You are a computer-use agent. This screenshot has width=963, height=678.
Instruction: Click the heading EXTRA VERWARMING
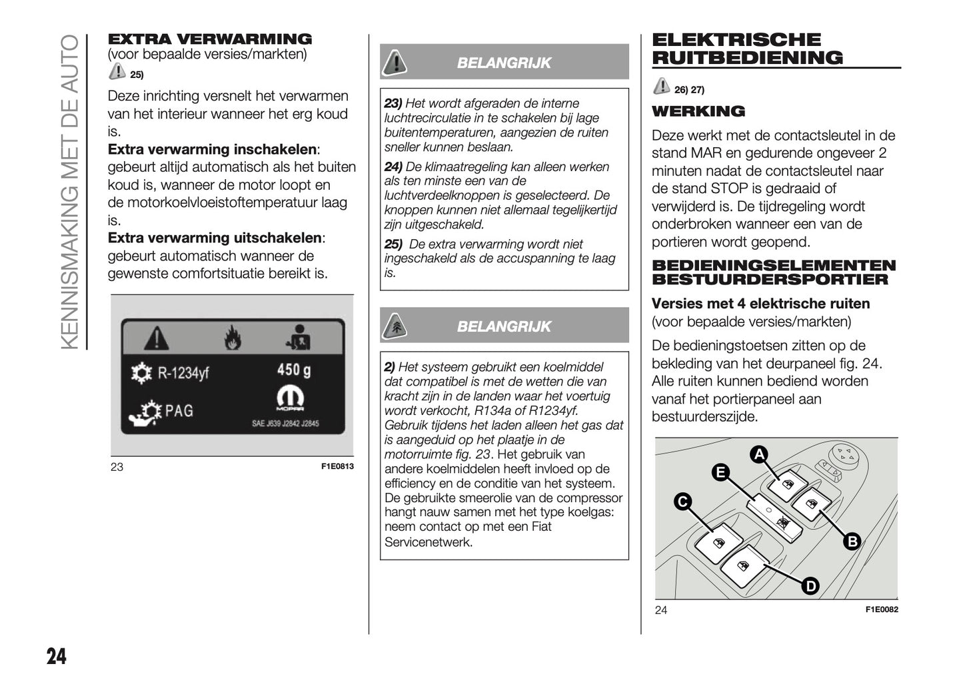(210, 39)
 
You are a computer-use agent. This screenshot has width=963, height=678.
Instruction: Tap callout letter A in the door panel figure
(758, 455)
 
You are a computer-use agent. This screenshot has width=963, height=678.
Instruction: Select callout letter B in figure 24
(852, 541)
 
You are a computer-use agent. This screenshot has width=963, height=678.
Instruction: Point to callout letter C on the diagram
(682, 502)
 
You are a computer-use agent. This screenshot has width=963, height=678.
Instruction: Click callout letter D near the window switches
(810, 586)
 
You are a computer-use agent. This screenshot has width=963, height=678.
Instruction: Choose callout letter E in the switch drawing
(720, 472)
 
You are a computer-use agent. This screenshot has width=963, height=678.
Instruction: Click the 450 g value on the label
(294, 370)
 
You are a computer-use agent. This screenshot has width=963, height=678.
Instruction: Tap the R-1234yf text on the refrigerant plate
(183, 372)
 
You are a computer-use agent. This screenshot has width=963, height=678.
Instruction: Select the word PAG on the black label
(179, 410)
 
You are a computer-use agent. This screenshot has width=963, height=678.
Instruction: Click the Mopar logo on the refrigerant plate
(291, 400)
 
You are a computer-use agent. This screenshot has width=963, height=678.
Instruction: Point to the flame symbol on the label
(232, 338)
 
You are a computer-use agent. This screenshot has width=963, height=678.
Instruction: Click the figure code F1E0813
(337, 466)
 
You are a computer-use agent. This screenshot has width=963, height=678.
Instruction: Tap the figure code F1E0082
(882, 609)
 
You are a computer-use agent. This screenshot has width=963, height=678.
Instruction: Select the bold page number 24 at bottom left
(57, 656)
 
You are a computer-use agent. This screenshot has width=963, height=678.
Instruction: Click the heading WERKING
(698, 111)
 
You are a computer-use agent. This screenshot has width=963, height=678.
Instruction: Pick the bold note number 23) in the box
(393, 103)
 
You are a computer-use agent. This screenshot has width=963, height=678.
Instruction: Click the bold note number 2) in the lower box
(390, 367)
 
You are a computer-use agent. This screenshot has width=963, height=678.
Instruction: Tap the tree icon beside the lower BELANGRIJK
(395, 326)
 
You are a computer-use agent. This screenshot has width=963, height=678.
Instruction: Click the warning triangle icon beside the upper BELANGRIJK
(395, 62)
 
